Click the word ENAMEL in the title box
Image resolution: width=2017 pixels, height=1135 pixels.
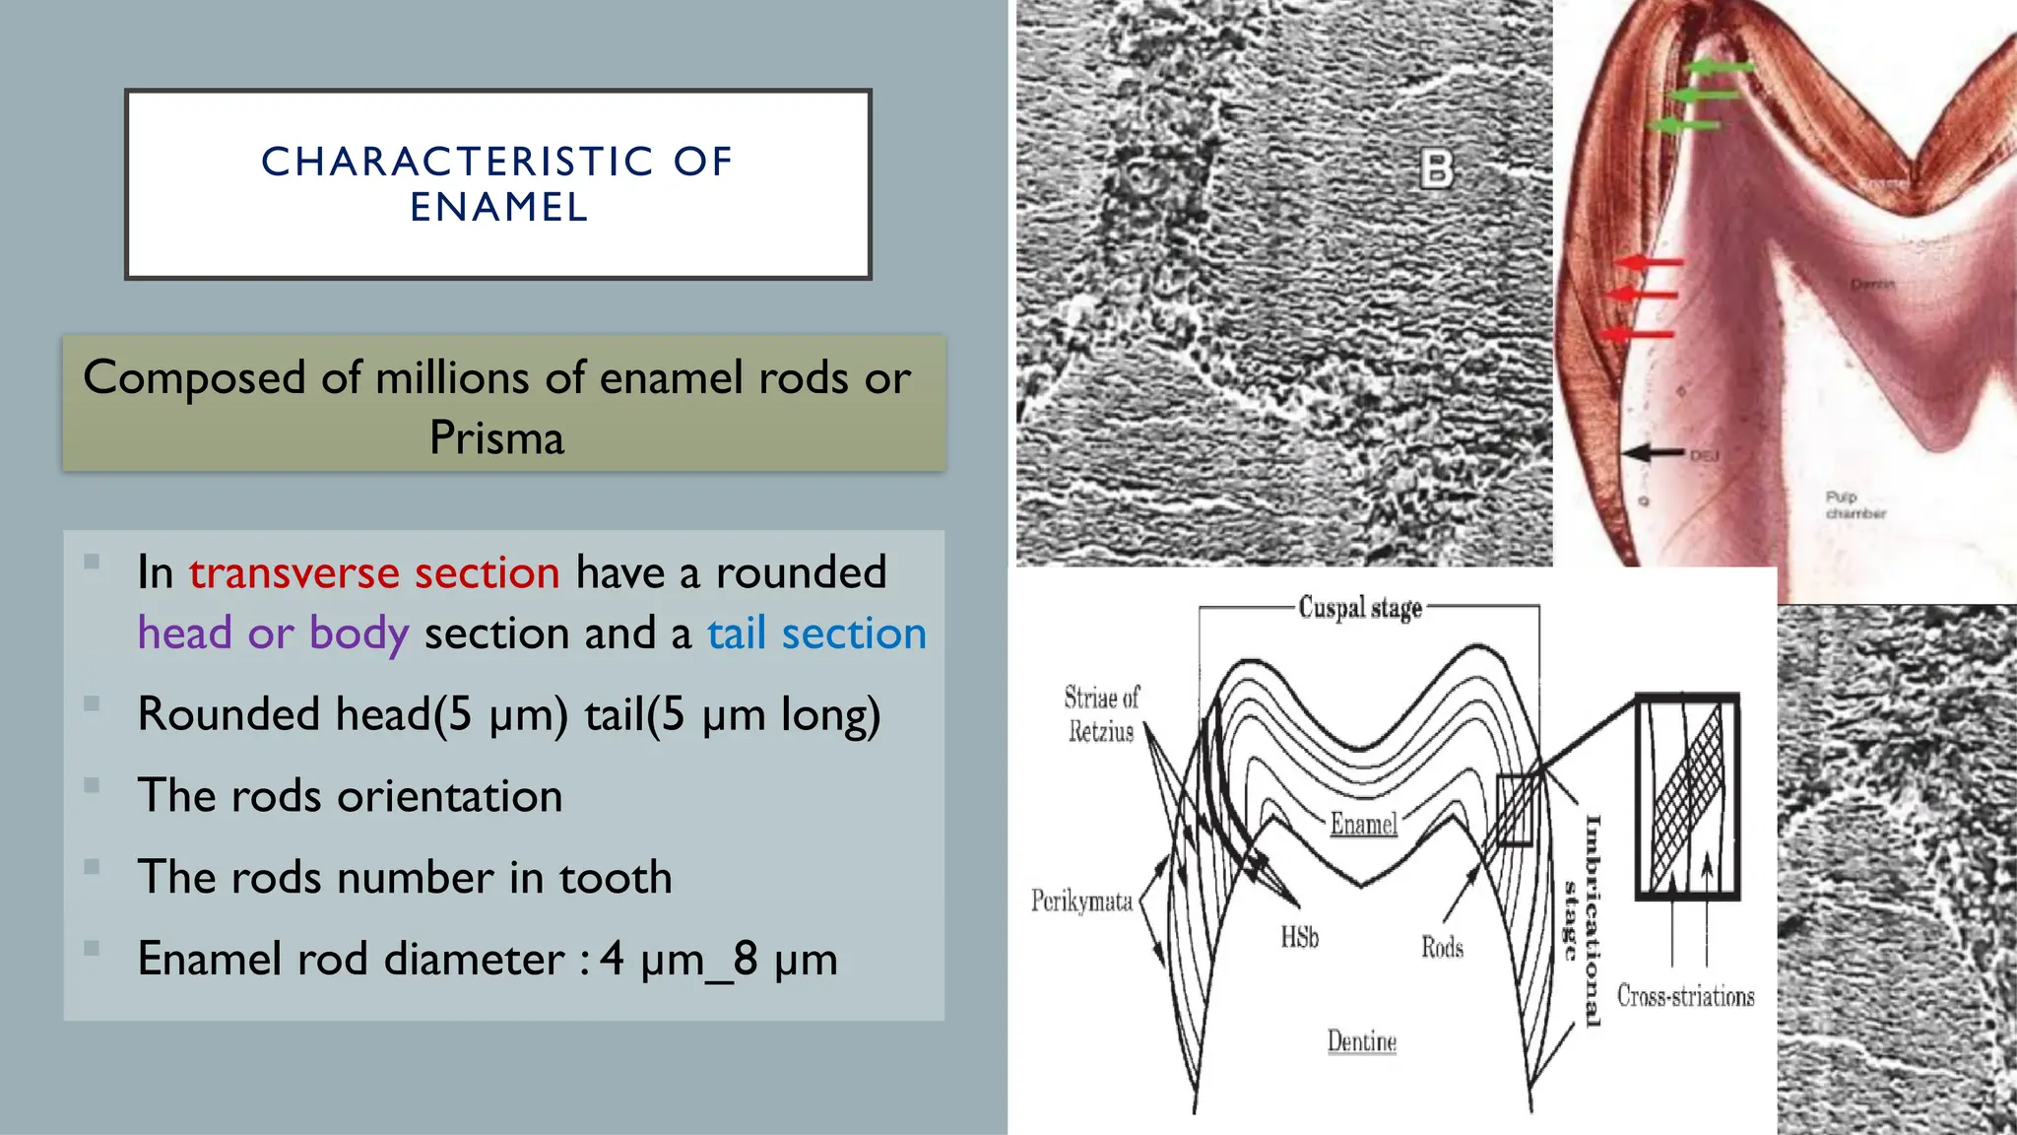[x=498, y=208]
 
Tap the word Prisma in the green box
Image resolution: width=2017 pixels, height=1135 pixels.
[x=496, y=437]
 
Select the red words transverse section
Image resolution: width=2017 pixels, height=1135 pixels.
[x=374, y=572]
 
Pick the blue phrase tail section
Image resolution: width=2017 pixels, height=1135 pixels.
[x=816, y=634]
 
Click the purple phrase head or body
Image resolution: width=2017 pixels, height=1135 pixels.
[x=273, y=634]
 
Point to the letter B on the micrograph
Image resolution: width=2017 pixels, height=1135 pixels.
[x=1436, y=169]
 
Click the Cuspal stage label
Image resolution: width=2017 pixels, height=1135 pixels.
[x=1360, y=607]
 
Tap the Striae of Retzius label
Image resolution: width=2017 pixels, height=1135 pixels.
[x=1101, y=714]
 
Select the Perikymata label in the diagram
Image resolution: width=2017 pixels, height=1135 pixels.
[x=1081, y=901]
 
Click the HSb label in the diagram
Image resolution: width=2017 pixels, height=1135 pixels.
[x=1299, y=937]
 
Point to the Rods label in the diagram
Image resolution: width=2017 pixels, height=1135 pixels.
[x=1442, y=948]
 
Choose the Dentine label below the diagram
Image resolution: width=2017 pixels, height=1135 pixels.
[x=1361, y=1041]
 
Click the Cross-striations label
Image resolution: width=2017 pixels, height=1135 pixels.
[x=1685, y=996]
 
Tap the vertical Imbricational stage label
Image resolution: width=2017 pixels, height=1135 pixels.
[x=1583, y=921]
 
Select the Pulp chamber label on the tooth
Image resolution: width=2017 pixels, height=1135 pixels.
[x=1854, y=504]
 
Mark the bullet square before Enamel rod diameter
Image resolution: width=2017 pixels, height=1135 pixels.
[x=92, y=949]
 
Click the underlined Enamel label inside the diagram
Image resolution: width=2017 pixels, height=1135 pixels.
[x=1363, y=824]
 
